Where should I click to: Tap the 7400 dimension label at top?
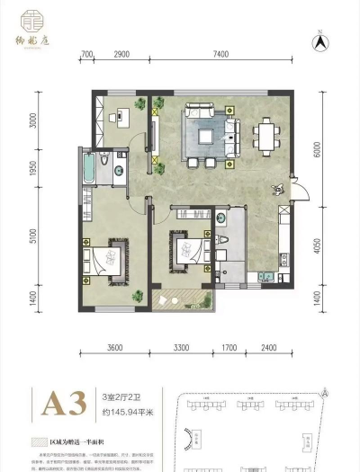coord(220,56)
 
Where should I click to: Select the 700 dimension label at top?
coord(87,56)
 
